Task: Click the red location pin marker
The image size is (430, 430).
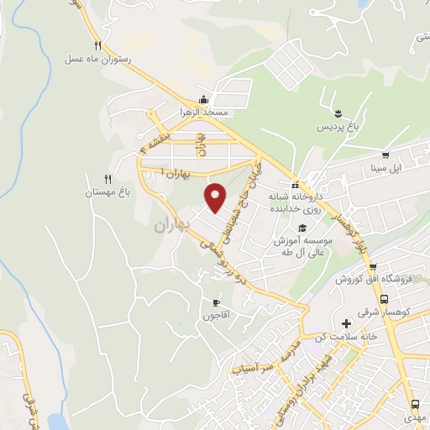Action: pos(216,197)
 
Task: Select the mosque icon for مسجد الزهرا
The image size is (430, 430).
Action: pos(203,98)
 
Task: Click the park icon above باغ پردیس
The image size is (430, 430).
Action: pos(336,113)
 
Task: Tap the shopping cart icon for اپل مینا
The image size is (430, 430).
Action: pos(385,155)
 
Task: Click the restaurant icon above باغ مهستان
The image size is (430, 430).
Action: pos(107,178)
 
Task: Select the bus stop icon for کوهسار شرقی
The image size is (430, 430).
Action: pos(385,299)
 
